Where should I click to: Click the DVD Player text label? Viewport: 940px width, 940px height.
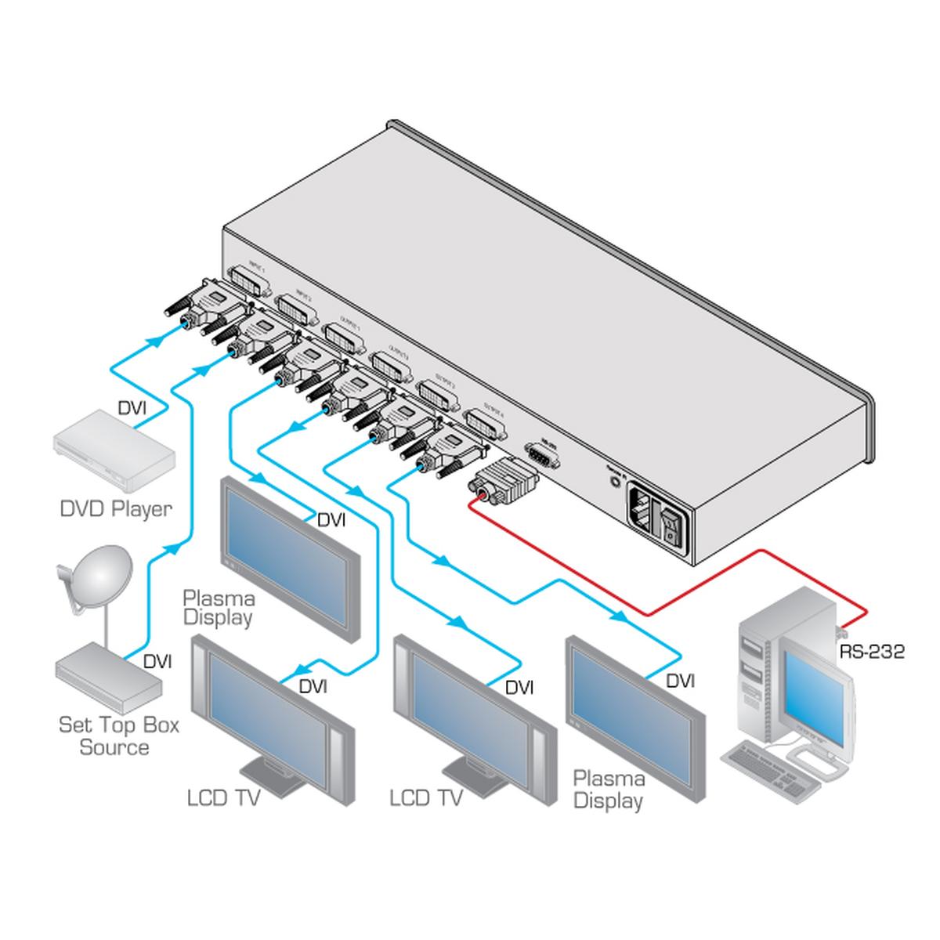[x=116, y=509]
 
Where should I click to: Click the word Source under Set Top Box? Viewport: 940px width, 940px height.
[x=114, y=747]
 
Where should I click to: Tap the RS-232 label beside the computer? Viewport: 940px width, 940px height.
[x=871, y=651]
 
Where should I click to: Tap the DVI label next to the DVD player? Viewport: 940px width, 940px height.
[x=132, y=408]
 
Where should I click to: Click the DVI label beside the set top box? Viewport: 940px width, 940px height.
[x=157, y=662]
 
